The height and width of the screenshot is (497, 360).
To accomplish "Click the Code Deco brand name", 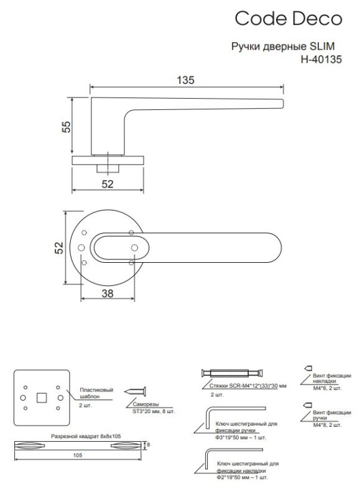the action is pyautogui.click(x=288, y=19).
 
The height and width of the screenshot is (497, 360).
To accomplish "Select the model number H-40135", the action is pyautogui.click(x=321, y=59).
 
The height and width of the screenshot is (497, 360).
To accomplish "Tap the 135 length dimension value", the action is pyautogui.click(x=185, y=80).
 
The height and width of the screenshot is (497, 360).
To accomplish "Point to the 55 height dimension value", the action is pyautogui.click(x=66, y=127).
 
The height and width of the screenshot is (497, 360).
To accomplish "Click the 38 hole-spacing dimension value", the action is pyautogui.click(x=108, y=293).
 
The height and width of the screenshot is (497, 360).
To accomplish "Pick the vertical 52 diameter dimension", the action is pyautogui.click(x=59, y=247).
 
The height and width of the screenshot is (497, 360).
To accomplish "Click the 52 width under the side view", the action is pyautogui.click(x=108, y=184).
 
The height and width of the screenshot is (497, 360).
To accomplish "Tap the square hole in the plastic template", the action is pyautogui.click(x=42, y=398).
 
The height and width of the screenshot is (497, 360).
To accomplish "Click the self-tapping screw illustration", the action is pyautogui.click(x=135, y=391).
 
